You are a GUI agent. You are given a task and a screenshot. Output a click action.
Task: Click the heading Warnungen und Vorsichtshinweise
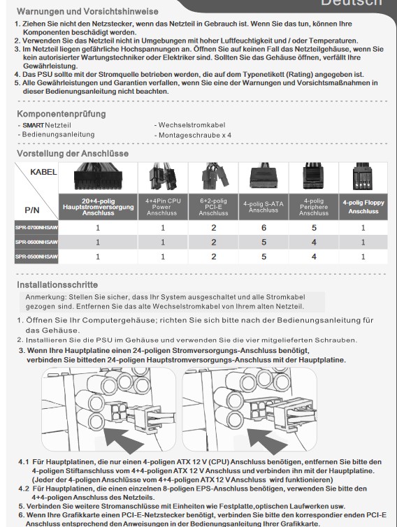87,11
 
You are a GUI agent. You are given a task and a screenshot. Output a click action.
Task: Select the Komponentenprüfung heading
62,114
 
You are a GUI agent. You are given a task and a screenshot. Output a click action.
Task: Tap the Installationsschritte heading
57,284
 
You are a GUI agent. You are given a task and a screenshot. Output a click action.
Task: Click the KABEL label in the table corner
43,172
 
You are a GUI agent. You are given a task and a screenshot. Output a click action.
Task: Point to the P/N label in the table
32,210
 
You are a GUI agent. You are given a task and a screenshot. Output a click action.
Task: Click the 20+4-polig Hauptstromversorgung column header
98,207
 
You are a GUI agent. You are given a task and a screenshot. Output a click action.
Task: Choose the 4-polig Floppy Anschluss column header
363,207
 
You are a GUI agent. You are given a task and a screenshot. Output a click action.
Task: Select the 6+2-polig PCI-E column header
213,207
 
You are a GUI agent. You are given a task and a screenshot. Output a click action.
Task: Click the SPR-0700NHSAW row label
36,228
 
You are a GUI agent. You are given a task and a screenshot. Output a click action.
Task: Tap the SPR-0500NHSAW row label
36,257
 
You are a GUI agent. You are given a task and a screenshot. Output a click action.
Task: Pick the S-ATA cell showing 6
264,228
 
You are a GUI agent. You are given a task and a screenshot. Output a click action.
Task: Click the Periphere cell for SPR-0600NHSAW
314,242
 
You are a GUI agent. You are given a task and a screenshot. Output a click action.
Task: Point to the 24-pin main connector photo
98,176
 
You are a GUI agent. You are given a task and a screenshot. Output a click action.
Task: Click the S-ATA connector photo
264,175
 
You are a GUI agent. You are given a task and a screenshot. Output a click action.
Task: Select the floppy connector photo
363,176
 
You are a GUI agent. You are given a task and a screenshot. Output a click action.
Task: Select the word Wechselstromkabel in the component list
192,125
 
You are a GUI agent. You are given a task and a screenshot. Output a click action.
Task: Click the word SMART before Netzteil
34,125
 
